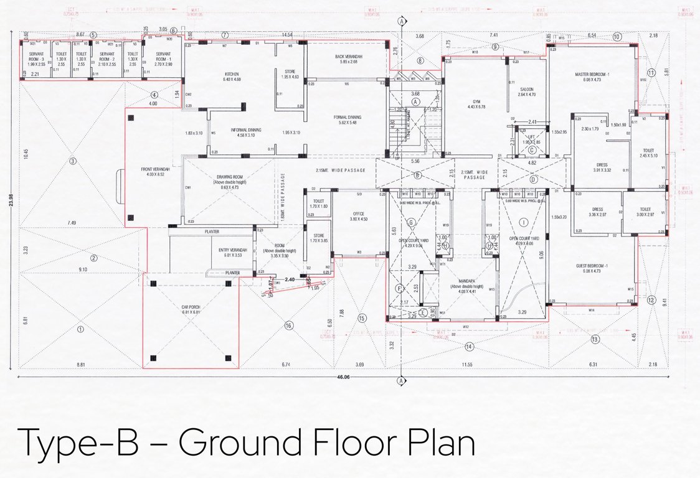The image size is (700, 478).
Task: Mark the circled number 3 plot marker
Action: [x=72, y=161]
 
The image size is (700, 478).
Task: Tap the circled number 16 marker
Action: [x=288, y=325]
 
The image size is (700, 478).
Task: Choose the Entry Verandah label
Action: [x=233, y=252]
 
